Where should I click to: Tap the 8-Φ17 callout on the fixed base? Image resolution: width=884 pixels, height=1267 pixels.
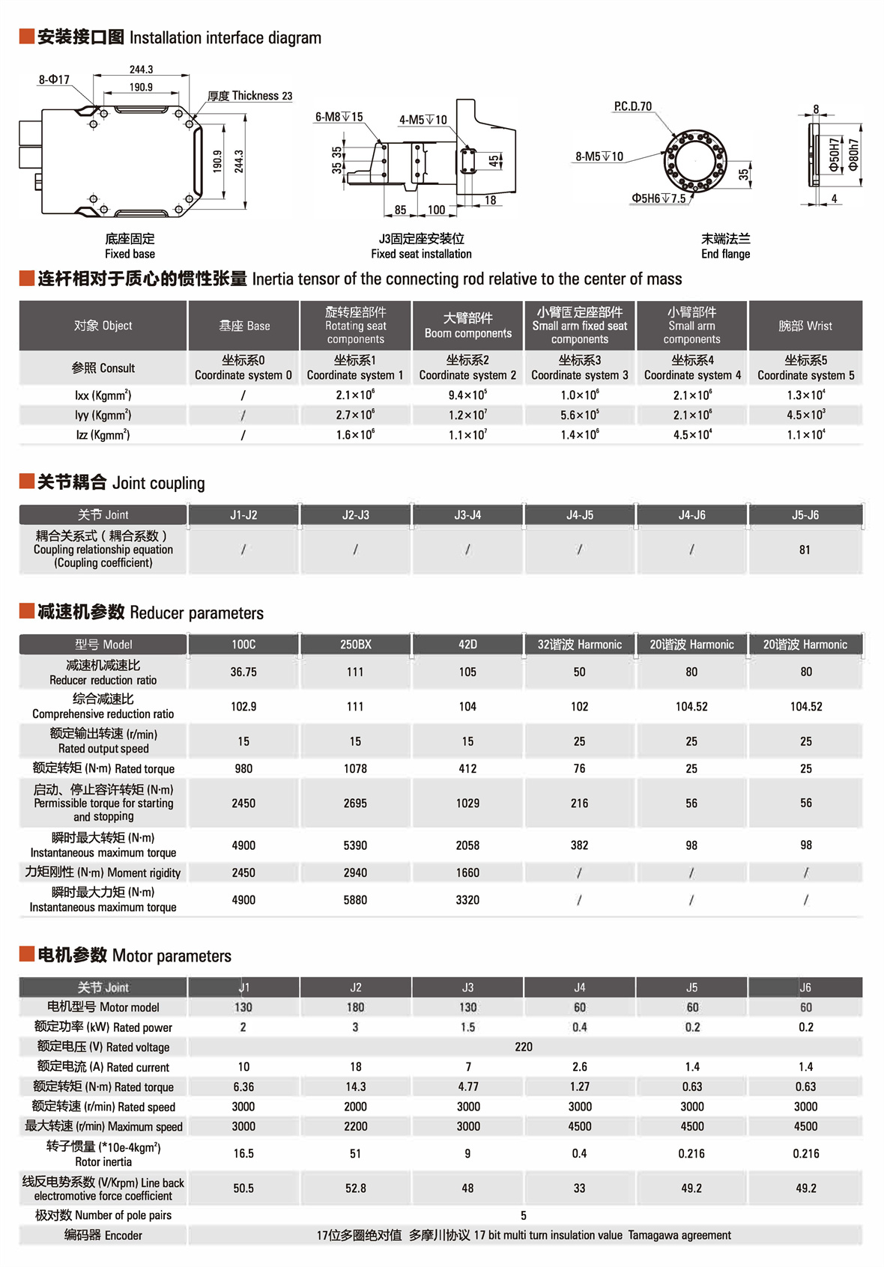pyautogui.click(x=54, y=79)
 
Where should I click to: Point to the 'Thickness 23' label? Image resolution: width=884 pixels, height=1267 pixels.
pyautogui.click(x=250, y=96)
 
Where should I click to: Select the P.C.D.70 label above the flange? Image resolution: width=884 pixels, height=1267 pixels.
pyautogui.click(x=632, y=106)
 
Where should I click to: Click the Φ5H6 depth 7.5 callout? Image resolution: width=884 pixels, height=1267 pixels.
pyautogui.click(x=658, y=198)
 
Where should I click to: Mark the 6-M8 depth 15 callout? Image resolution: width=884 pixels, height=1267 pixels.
pyautogui.click(x=339, y=117)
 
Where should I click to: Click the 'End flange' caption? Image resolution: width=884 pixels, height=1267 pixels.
pyautogui.click(x=725, y=254)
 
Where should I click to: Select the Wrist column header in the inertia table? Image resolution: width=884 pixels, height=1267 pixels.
pyautogui.click(x=805, y=326)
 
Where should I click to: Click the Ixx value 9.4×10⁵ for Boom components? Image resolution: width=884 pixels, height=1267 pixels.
pyautogui.click(x=467, y=395)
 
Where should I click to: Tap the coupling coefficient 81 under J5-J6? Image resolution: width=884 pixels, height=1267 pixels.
pyautogui.click(x=805, y=550)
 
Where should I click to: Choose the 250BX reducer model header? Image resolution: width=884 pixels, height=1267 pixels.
pyautogui.click(x=355, y=644)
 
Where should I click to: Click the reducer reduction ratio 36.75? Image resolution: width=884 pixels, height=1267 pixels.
pyautogui.click(x=243, y=672)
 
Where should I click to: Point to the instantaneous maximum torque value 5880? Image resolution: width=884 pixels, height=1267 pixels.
pyautogui.click(x=355, y=899)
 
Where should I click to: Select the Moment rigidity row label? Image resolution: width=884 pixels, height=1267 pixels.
pyautogui.click(x=103, y=872)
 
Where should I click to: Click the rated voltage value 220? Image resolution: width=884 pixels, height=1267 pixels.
pyautogui.click(x=524, y=1047)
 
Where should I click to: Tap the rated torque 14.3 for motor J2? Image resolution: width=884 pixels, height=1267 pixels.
pyautogui.click(x=355, y=1087)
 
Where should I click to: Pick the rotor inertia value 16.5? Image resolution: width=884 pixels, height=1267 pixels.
pyautogui.click(x=243, y=1153)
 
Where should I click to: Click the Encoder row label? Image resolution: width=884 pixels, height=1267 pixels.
pyautogui.click(x=103, y=1235)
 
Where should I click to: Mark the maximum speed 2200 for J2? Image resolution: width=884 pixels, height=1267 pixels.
pyautogui.click(x=355, y=1126)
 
